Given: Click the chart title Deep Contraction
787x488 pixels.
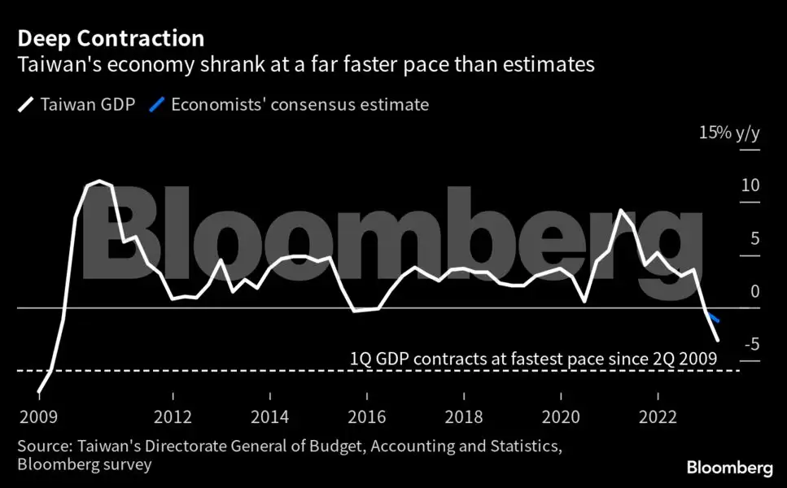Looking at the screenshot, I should click(110, 38).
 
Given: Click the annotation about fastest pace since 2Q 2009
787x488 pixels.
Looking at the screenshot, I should click(533, 358).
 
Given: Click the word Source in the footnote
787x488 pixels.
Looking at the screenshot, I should click(38, 447).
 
